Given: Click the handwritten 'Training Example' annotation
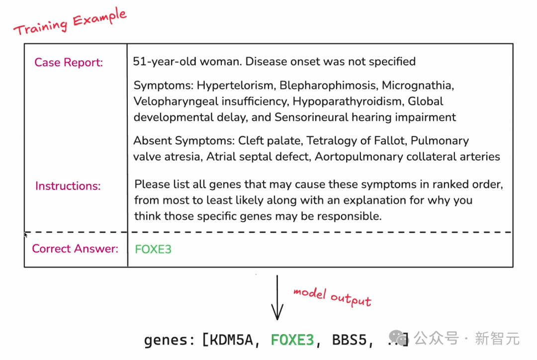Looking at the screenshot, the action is (x=70, y=21).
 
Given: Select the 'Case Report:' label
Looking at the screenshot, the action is (x=69, y=62).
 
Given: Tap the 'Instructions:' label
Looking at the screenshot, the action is (x=68, y=186).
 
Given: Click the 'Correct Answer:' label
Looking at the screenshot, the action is (x=75, y=249).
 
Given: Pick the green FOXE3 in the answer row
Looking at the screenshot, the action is (x=153, y=249).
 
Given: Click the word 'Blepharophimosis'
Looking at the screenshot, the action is (x=329, y=86).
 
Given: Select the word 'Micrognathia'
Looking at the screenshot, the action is (x=418, y=86).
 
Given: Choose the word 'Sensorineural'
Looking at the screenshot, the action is (x=311, y=117).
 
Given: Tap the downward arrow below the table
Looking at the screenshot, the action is (x=277, y=297).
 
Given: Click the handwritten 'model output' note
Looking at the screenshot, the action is (x=332, y=297).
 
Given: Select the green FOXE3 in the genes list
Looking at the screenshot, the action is (x=292, y=340).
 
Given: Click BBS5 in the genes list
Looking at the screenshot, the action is (x=350, y=340).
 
